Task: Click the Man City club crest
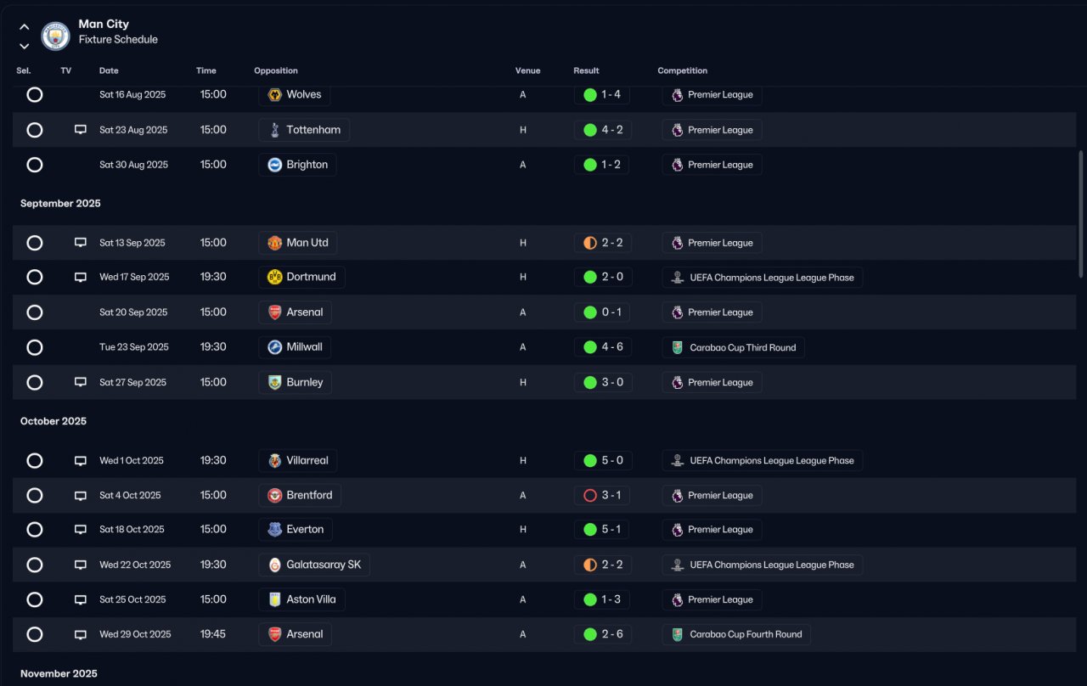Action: (x=55, y=36)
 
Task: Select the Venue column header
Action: (x=527, y=70)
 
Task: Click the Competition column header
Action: (x=682, y=70)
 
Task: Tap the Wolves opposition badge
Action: (x=274, y=94)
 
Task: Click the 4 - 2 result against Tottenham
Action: (x=612, y=130)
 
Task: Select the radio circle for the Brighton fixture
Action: (x=35, y=165)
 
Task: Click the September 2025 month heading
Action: (x=60, y=203)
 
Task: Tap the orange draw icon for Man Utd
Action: (x=590, y=243)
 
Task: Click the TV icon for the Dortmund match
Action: (x=81, y=277)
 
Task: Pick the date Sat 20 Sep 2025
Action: (x=133, y=312)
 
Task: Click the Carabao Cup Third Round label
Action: (x=742, y=347)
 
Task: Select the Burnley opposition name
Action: (x=304, y=382)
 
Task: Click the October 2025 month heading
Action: (x=54, y=421)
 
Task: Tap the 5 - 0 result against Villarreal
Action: (x=612, y=460)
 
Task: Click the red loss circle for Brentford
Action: (x=590, y=495)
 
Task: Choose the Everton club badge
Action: (x=274, y=529)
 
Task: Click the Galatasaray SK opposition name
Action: (x=324, y=565)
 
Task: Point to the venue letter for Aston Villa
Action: (x=522, y=599)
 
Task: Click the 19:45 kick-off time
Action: (x=213, y=634)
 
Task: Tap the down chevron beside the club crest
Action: (x=25, y=46)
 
